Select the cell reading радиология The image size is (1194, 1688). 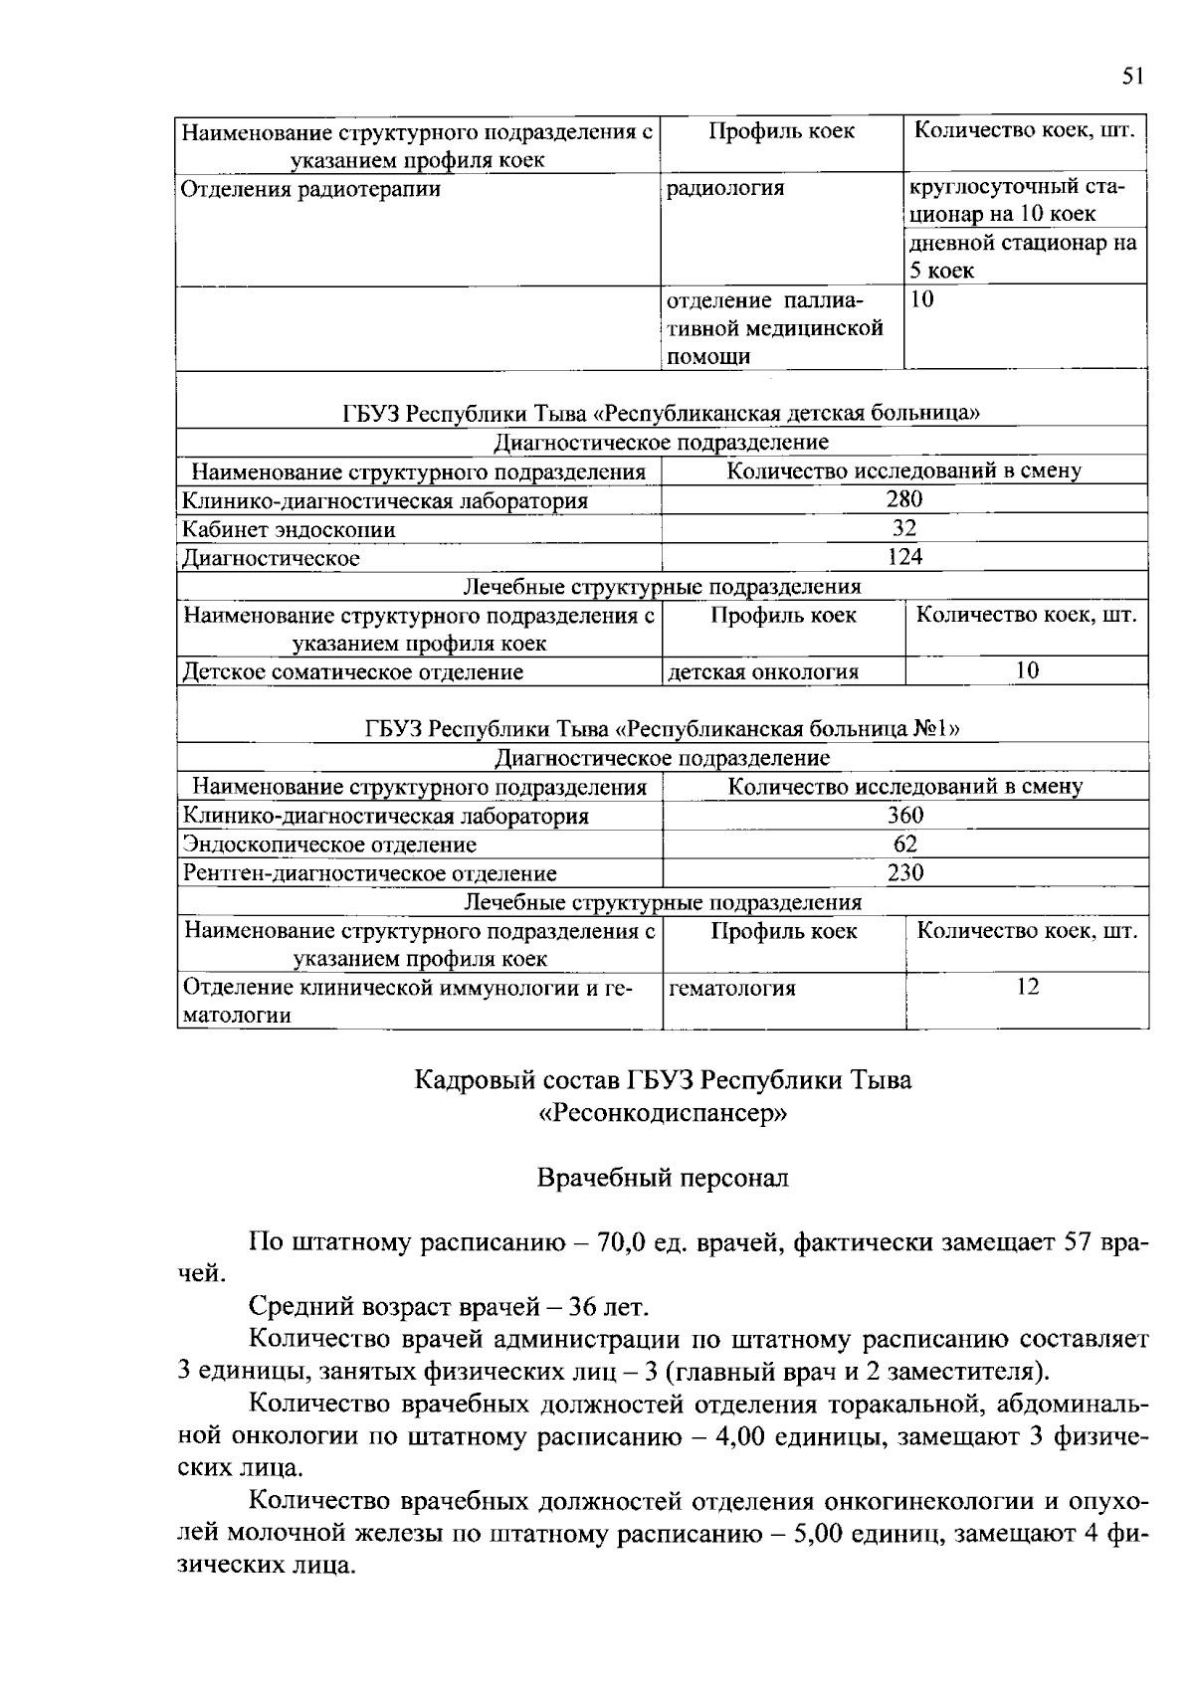[725, 188]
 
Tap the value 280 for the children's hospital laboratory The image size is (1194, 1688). [904, 499]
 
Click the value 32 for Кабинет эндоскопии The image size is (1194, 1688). [904, 528]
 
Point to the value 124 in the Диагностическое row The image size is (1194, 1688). [904, 557]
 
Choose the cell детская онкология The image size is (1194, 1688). [763, 671]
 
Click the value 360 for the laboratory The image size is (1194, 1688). [905, 816]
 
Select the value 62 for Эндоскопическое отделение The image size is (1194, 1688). [905, 844]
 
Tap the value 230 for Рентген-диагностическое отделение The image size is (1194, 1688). [905, 873]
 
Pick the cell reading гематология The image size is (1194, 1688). [732, 988]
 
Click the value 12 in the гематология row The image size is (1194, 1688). [1028, 987]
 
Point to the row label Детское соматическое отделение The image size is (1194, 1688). [353, 671]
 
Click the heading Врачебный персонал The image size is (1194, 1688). [663, 1179]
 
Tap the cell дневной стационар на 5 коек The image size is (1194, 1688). [1025, 257]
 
